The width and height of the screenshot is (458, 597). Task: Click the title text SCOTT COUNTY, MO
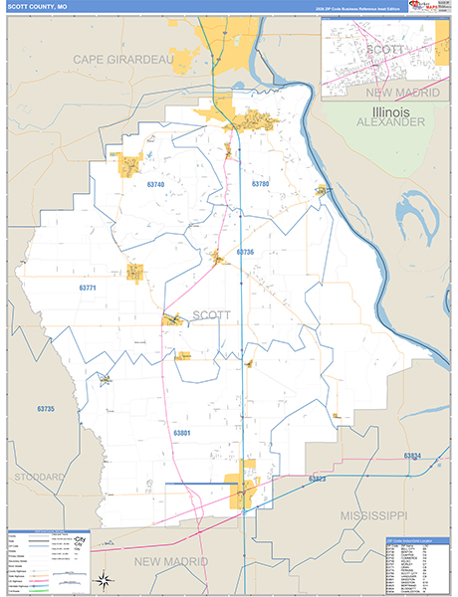pos(38,6)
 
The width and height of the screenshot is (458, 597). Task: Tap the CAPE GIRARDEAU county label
pos(123,61)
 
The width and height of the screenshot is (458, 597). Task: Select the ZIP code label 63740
pos(155,185)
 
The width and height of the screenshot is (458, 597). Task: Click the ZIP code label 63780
pos(261,185)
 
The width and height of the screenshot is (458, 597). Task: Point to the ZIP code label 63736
pos(245,253)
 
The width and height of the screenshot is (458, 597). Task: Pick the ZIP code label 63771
pos(88,288)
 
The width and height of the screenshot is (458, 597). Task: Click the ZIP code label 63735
pos(45,410)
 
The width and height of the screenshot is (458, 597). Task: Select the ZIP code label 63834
pos(413,456)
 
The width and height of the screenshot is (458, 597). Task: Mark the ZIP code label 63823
pos(318,480)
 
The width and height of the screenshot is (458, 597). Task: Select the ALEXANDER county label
pos(391,121)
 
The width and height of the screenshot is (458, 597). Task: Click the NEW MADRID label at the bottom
pos(175,562)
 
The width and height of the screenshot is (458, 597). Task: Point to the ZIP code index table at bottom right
pos(410,565)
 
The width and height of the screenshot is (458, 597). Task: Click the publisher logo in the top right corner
pos(427,7)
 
